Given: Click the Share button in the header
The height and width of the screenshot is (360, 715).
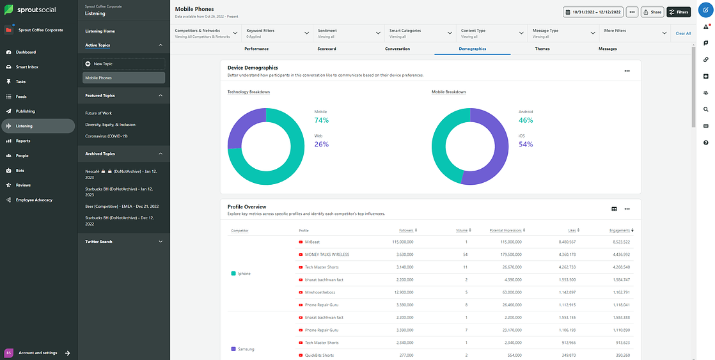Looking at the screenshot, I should click(652, 12).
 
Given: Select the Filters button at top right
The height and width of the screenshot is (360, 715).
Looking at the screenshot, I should click(679, 12).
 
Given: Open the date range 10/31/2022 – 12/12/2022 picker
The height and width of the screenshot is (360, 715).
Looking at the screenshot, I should click(593, 12).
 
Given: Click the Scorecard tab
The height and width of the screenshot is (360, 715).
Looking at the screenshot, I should click(326, 49).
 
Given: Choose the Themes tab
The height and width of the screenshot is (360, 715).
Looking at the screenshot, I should click(542, 49).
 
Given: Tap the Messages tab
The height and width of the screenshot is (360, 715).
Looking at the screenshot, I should click(608, 49).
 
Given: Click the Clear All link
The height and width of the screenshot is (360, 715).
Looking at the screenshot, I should click(683, 33).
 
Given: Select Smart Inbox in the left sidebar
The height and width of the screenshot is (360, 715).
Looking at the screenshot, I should click(27, 67).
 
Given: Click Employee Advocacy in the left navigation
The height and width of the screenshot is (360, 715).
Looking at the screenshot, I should click(34, 200).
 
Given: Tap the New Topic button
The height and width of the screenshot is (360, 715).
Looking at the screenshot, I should click(124, 64).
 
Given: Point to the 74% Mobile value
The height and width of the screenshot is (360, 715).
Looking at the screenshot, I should click(321, 120).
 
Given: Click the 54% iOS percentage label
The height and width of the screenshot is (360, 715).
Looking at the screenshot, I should click(526, 144).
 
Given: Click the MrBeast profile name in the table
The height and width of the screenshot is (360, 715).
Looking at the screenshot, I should click(312, 242).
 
